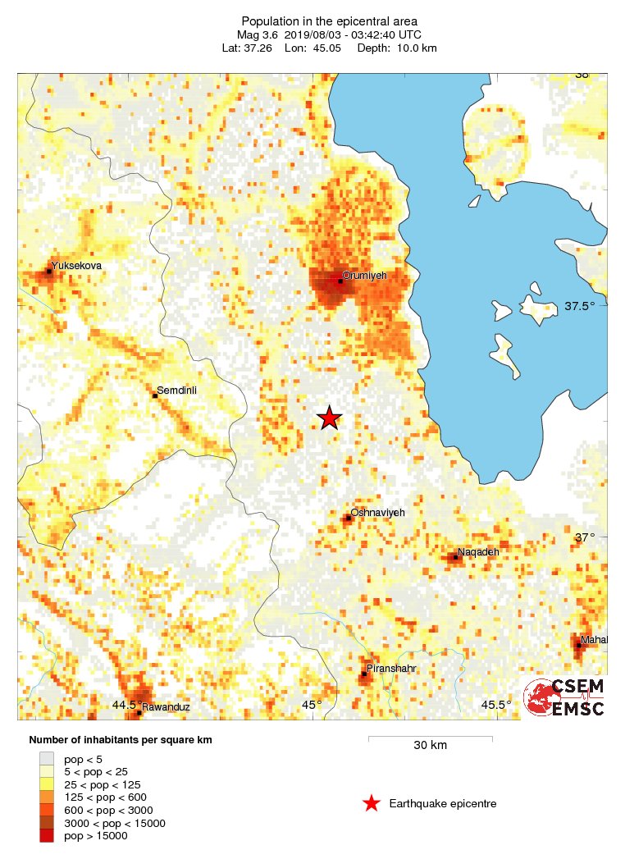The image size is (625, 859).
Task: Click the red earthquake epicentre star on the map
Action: pyautogui.click(x=329, y=418)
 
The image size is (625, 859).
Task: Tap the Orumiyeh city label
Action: pyautogui.click(x=364, y=276)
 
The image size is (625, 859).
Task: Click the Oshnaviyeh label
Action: pyautogui.click(x=377, y=512)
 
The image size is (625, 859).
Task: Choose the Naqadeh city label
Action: pyautogui.click(x=478, y=551)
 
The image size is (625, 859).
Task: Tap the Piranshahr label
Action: pyautogui.click(x=391, y=669)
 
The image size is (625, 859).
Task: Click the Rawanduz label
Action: pyautogui.click(x=167, y=706)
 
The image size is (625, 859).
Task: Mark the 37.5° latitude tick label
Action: pyautogui.click(x=579, y=306)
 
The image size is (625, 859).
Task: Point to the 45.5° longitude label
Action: pyautogui.click(x=495, y=705)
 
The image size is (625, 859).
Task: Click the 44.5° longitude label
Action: pyautogui.click(x=125, y=705)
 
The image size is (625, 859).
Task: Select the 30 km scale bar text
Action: pyautogui.click(x=430, y=746)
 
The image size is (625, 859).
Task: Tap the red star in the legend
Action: pyautogui.click(x=372, y=804)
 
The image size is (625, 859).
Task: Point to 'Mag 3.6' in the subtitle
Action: pyautogui.click(x=255, y=34)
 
